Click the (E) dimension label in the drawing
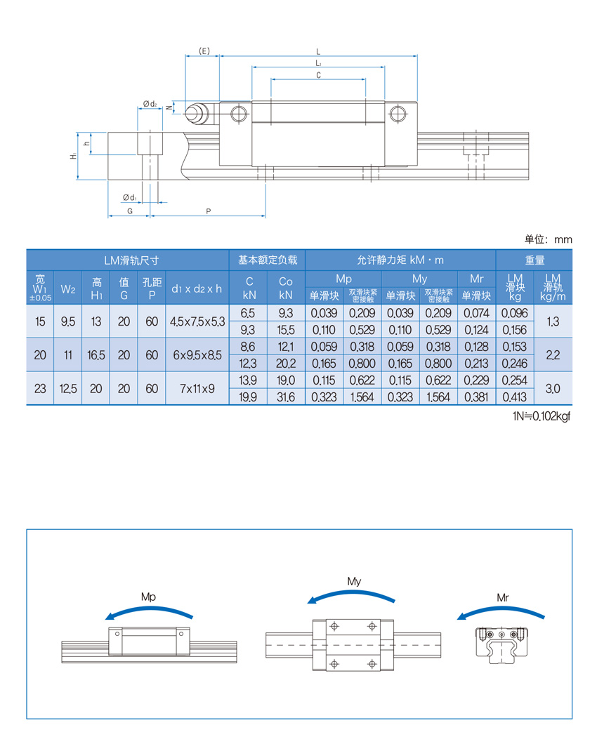click(x=204, y=51)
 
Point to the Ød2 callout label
click(x=150, y=104)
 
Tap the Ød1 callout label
click(x=130, y=197)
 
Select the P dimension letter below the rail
click(x=209, y=211)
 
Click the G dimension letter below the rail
click(x=129, y=211)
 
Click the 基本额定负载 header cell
click(x=268, y=260)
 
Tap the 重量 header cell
click(x=534, y=260)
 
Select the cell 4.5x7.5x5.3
click(x=197, y=321)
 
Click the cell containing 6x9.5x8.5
click(x=197, y=355)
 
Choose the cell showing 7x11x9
click(x=197, y=388)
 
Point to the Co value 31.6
click(x=286, y=397)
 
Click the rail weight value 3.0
click(x=553, y=388)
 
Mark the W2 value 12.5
click(x=68, y=388)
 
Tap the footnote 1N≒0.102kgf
click(x=542, y=416)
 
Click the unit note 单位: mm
click(x=548, y=239)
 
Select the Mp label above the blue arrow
click(x=148, y=597)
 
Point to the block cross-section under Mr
click(x=501, y=645)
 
